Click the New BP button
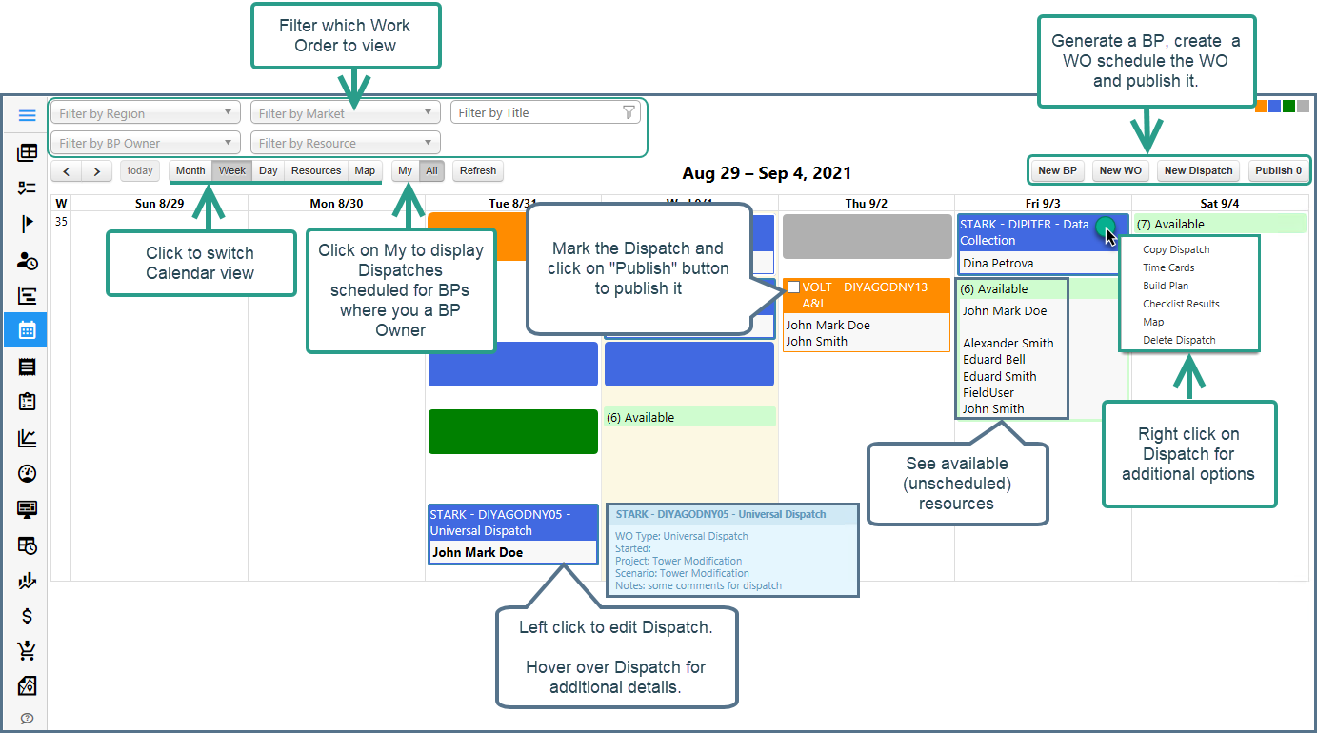(1057, 170)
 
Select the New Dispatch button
(1198, 170)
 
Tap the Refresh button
(478, 170)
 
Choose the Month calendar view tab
(190, 170)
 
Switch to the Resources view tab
(316, 170)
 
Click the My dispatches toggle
(406, 170)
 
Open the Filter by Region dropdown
(146, 113)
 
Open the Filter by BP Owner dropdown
(146, 143)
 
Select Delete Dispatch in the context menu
(1179, 340)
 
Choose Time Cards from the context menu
(1168, 267)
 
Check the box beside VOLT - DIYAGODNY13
(793, 287)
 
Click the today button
(140, 170)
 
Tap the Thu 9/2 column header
(866, 203)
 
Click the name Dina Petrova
(998, 263)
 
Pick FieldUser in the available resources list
(988, 392)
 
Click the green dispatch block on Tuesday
(513, 431)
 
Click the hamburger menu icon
(27, 115)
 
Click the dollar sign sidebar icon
(27, 616)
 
